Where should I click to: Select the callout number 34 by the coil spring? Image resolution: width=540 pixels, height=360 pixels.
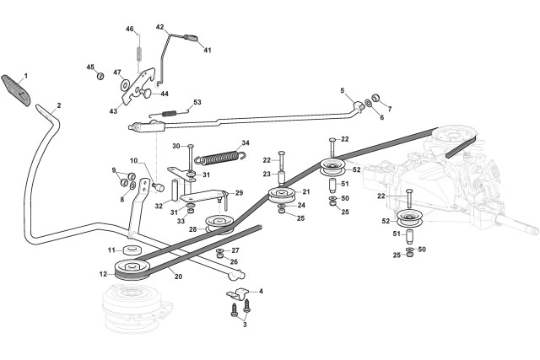[x=246, y=142]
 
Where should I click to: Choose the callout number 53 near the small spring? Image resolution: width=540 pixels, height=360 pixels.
[x=197, y=102]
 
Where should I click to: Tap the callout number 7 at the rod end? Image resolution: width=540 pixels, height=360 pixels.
[x=389, y=110]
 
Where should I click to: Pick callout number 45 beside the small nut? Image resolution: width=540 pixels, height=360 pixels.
[x=90, y=67]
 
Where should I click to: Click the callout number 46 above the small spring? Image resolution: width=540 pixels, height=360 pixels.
[x=130, y=30]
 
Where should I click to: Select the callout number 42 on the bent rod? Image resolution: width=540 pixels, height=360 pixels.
[x=159, y=27]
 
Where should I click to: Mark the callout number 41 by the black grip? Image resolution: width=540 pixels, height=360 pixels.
[x=207, y=50]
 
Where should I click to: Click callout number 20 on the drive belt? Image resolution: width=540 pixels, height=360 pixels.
[x=177, y=276]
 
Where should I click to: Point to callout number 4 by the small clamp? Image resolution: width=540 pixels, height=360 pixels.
[x=260, y=291]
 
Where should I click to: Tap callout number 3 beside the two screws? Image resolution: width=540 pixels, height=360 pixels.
[x=246, y=324]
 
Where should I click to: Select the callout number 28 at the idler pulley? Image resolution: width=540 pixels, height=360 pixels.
[x=192, y=229]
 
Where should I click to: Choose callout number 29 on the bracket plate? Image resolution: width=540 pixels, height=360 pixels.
[x=239, y=193]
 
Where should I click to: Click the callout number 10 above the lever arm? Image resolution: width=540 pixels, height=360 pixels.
[x=133, y=160]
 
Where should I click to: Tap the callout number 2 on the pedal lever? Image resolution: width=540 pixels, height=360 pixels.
[x=59, y=106]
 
